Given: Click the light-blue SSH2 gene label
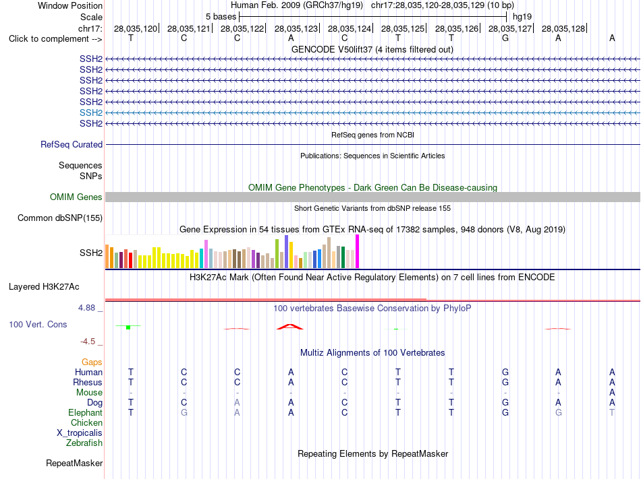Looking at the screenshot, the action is pyautogui.click(x=91, y=113).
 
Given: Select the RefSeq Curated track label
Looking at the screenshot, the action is pyautogui.click(x=72, y=144).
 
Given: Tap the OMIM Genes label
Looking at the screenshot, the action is pyautogui.click(x=76, y=197).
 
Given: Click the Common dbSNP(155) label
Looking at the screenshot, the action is pyautogui.click(x=60, y=218).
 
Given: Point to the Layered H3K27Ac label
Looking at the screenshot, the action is pyautogui.click(x=44, y=287).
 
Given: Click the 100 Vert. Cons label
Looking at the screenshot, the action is pyautogui.click(x=38, y=324).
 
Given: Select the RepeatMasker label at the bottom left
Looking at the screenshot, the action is pyautogui.click(x=74, y=463).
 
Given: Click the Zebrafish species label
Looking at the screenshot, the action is pyautogui.click(x=84, y=443).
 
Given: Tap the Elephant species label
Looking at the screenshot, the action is pyautogui.click(x=86, y=412).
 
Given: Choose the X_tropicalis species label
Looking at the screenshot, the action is pyautogui.click(x=80, y=433).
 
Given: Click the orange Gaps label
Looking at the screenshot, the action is pyautogui.click(x=92, y=362).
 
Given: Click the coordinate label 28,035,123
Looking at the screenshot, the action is pyautogui.click(x=296, y=28).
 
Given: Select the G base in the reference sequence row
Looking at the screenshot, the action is pyautogui.click(x=505, y=38).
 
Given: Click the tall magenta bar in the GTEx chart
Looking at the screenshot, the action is pyautogui.click(x=358, y=251).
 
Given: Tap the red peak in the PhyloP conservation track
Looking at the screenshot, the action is pyautogui.click(x=290, y=326).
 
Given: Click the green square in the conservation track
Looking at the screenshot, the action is pyautogui.click(x=128, y=327).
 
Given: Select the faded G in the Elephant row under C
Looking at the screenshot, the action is pyautogui.click(x=184, y=412).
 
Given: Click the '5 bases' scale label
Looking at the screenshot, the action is pyautogui.click(x=221, y=17).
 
